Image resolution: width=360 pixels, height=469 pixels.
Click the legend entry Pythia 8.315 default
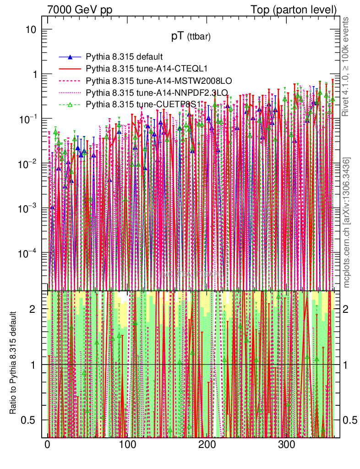pyautogui.click(x=124, y=57)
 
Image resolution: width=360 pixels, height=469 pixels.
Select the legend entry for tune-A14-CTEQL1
pyautogui.click(x=147, y=69)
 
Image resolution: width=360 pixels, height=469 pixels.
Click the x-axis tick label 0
pyautogui.click(x=47, y=445)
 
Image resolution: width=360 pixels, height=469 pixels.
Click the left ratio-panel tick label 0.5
pyautogui.click(x=29, y=420)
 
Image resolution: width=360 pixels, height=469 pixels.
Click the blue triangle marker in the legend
pyautogui.click(x=70, y=57)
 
